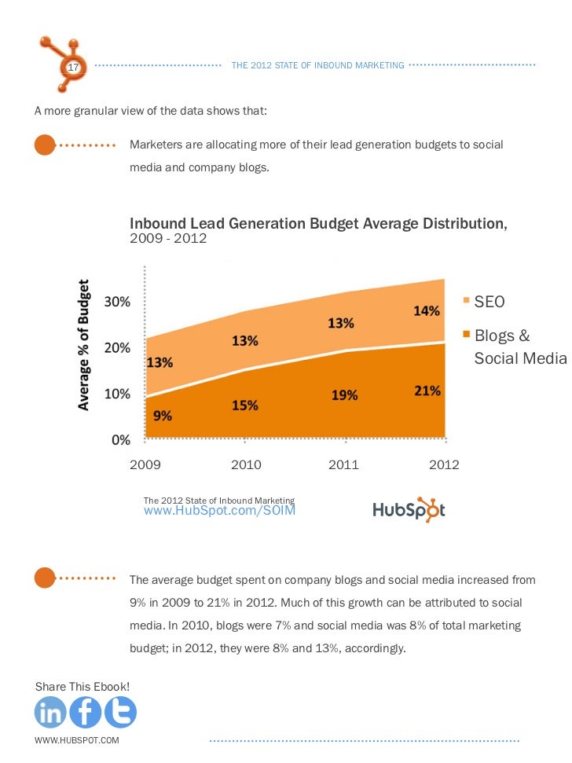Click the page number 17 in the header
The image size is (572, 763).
point(73,68)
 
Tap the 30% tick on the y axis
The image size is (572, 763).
point(119,301)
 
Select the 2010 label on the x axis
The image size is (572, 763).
point(246,464)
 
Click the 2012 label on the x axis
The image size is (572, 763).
point(444,464)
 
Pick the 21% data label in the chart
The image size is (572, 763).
point(427,391)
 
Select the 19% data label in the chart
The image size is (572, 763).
point(344,396)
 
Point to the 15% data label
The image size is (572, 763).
point(245,405)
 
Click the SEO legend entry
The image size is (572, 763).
point(489,302)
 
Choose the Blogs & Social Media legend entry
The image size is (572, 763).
point(519,347)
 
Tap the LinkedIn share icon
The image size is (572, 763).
point(51,713)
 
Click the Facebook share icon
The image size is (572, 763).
point(86,713)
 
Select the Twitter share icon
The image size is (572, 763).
point(120,713)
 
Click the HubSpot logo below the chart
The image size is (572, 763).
point(409,509)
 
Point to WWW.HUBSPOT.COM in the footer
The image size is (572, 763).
point(77,741)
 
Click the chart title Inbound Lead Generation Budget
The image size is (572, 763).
point(318,224)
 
